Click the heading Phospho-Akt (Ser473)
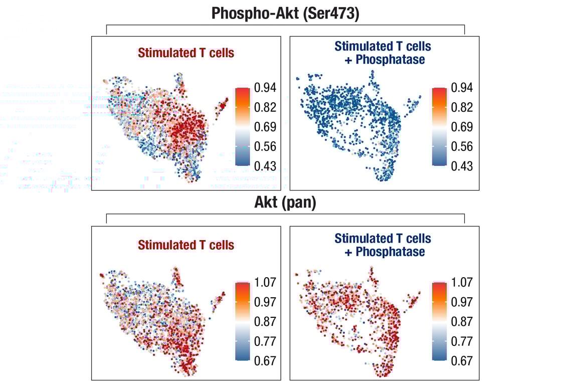click(x=285, y=13)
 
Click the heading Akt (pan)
click(x=285, y=203)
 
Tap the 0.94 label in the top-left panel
click(x=265, y=88)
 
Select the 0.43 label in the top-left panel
click(x=265, y=166)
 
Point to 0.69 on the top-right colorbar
click(x=462, y=127)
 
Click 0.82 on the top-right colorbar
click(x=462, y=107)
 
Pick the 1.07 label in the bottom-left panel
click(x=265, y=283)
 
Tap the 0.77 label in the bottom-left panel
click(x=265, y=341)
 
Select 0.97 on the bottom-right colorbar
click(x=462, y=302)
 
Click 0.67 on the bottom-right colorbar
click(x=462, y=361)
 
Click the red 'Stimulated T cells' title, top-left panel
click(x=186, y=53)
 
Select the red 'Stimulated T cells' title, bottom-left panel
click(x=186, y=245)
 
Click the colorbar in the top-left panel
click(x=242, y=126)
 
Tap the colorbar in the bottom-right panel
click(x=439, y=321)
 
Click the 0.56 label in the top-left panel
click(x=265, y=146)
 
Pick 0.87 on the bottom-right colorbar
click(x=462, y=322)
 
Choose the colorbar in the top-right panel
click(x=439, y=126)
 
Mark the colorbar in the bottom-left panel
click(x=242, y=321)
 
